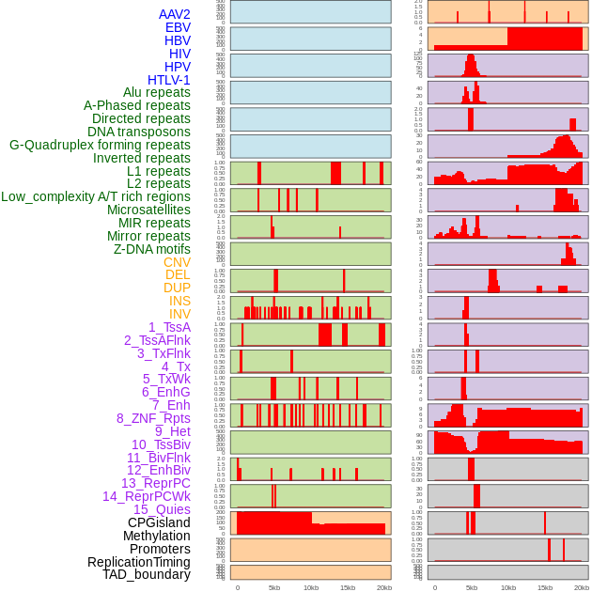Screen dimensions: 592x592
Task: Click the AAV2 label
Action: tap(174, 14)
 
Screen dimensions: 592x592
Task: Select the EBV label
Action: tap(178, 27)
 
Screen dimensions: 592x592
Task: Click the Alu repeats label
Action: tap(156, 92)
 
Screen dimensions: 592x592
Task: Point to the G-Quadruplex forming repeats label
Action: tap(100, 145)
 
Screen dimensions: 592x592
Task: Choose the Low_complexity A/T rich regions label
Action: tap(96, 196)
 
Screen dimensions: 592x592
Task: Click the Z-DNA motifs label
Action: tap(152, 249)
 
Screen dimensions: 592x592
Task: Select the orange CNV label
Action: tap(177, 262)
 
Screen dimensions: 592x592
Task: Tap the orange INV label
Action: tap(179, 314)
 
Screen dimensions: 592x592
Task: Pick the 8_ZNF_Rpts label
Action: tap(153, 418)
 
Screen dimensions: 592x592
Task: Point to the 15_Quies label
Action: tap(162, 509)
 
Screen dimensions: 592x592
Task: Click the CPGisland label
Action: tap(159, 522)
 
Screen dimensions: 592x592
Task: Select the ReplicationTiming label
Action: tap(138, 562)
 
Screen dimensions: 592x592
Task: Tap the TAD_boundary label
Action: tap(147, 574)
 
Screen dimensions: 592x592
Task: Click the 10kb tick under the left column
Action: tap(311, 587)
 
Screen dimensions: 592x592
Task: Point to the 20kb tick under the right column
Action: tap(582, 587)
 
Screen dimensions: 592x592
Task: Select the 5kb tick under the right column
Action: tap(471, 587)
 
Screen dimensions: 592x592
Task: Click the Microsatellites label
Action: tap(148, 210)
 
